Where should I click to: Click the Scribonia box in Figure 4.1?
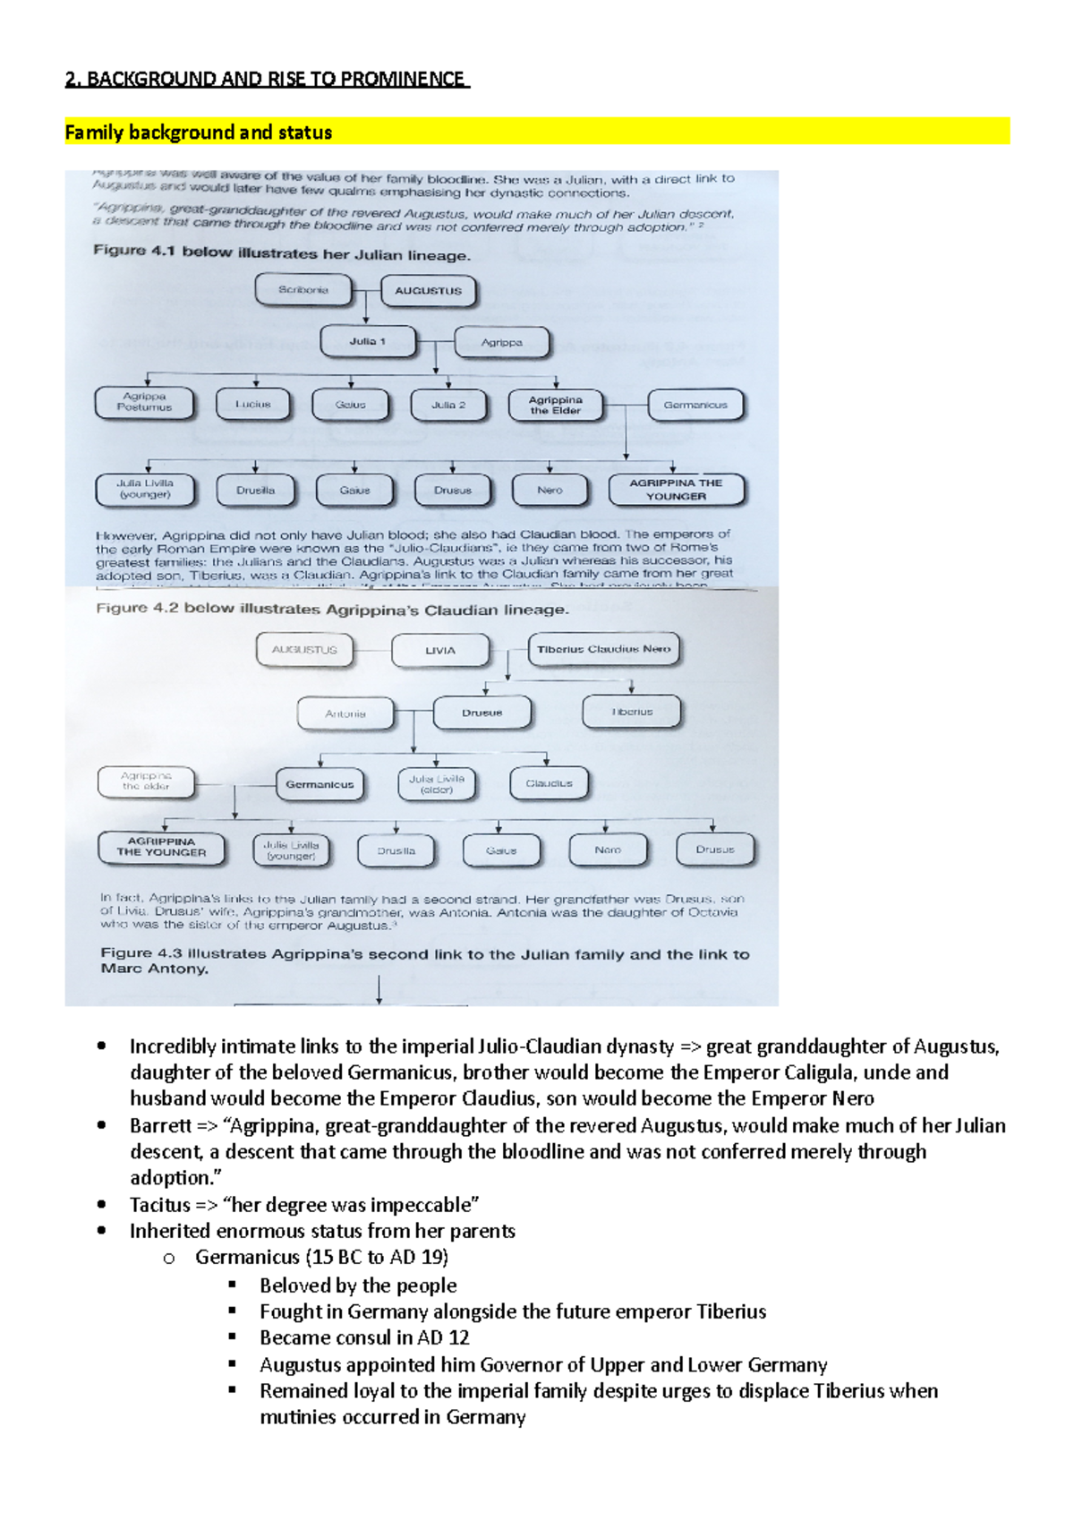[303, 290]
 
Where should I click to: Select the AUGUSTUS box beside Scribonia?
[428, 291]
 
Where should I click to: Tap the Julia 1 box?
[368, 342]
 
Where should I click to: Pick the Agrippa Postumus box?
[145, 402]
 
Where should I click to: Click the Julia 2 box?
[448, 405]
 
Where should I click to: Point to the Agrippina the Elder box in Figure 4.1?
[555, 406]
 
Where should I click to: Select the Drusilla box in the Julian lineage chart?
[255, 491]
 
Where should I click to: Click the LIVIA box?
[440, 651]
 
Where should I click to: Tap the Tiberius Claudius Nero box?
[604, 650]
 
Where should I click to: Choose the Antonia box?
[345, 713]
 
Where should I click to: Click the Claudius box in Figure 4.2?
[549, 783]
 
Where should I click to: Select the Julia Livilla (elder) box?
[437, 784]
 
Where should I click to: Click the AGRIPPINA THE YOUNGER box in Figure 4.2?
[161, 848]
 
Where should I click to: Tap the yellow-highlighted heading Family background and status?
[199, 132]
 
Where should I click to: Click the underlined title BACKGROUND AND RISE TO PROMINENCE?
[276, 79]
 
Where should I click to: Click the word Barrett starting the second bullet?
[160, 1126]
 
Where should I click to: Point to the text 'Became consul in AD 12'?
[364, 1338]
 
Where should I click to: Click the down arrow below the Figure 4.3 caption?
[379, 990]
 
